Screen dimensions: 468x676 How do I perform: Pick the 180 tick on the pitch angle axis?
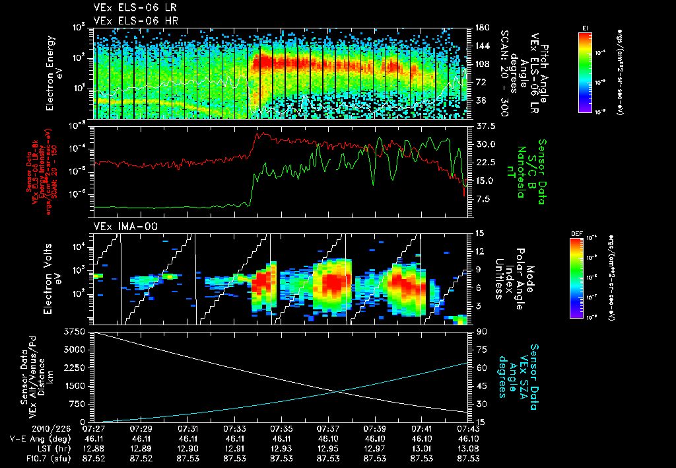click(481, 27)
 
